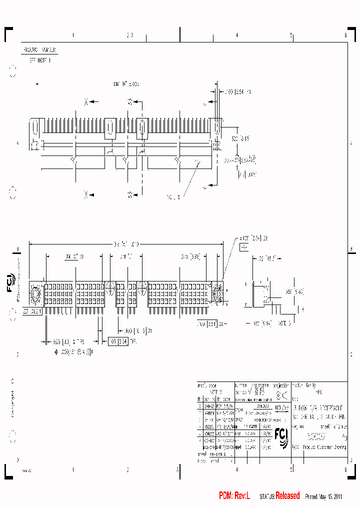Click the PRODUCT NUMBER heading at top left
click(x=39, y=50)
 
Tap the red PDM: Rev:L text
click(x=234, y=495)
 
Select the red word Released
click(x=287, y=495)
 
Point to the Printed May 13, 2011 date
click(x=323, y=496)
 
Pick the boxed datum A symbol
click(x=244, y=247)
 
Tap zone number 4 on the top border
click(x=236, y=35)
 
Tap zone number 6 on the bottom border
click(x=345, y=469)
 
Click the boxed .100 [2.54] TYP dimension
click(x=118, y=341)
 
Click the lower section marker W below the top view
click(x=130, y=194)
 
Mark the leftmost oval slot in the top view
click(x=34, y=128)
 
